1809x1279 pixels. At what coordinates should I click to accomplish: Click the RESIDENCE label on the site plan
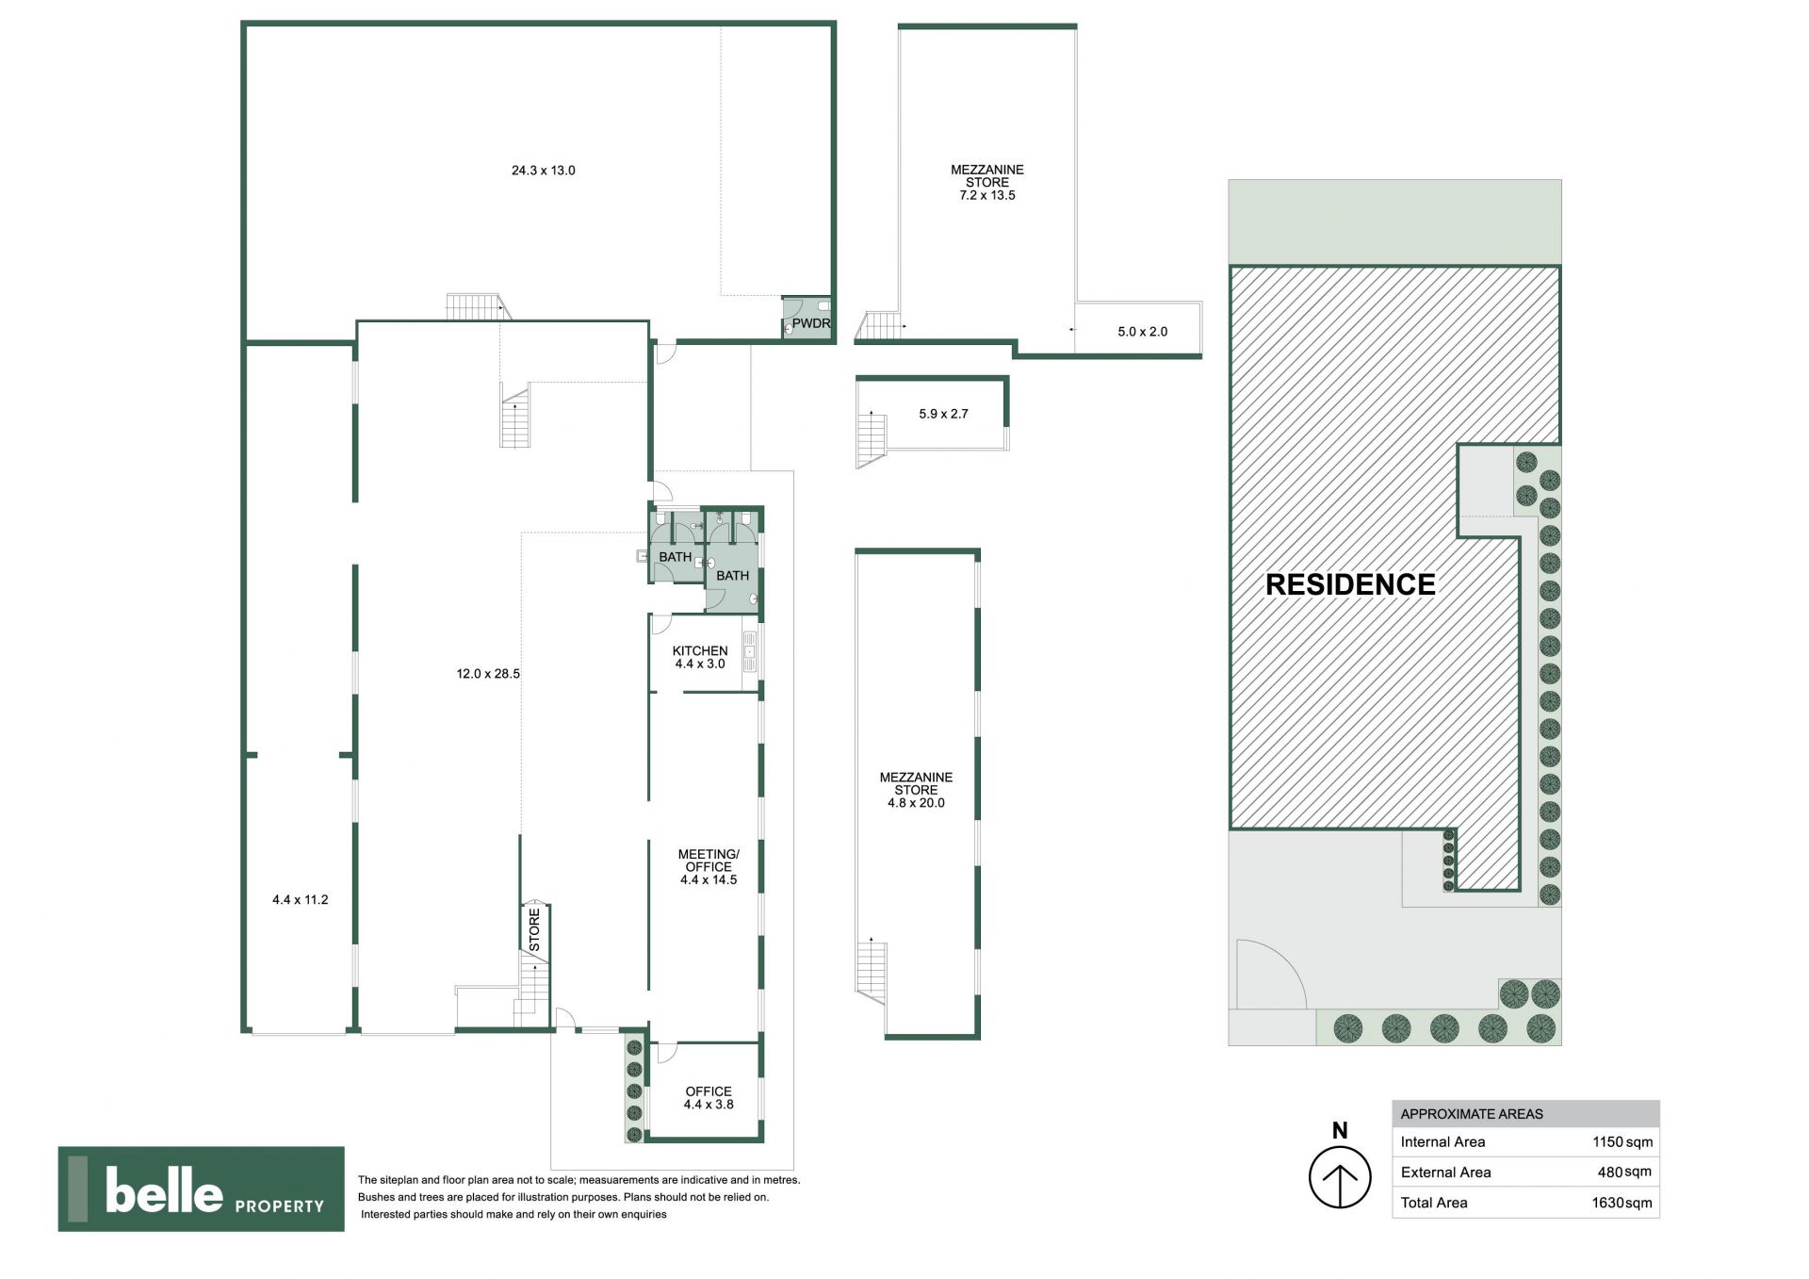1350,584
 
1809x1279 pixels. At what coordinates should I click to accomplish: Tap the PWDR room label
811,323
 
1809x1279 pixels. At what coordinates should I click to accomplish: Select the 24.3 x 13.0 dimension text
543,171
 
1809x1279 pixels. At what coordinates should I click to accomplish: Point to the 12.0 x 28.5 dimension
488,674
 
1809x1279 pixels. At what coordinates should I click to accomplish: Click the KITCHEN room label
700,650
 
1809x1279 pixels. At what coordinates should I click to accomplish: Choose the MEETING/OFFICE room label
709,861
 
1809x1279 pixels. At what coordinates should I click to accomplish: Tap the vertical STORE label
534,929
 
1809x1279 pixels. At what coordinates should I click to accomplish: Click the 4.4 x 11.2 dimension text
301,900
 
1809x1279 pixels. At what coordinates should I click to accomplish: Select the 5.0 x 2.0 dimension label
1143,332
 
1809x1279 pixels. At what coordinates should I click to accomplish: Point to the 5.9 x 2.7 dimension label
944,414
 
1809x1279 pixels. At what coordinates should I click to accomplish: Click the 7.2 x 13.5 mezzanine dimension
987,195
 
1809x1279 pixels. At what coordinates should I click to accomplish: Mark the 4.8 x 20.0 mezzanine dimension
916,803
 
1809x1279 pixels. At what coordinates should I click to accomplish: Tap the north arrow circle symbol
1340,1177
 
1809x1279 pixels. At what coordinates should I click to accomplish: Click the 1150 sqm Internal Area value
1622,1142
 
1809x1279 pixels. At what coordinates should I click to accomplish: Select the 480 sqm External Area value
1625,1172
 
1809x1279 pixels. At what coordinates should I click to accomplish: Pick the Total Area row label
1434,1203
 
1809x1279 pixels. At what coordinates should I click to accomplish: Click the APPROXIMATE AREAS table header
1472,1114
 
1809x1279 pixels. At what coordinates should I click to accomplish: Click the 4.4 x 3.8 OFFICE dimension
709,1105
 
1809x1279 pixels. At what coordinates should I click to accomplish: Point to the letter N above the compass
1340,1131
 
